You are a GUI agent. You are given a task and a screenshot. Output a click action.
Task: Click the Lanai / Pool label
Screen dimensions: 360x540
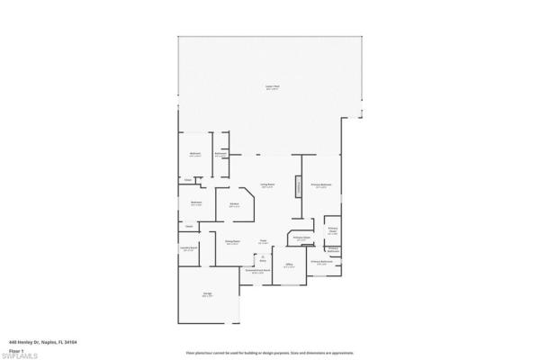click(x=271, y=86)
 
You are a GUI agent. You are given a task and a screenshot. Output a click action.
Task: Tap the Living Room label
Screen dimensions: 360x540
click(x=267, y=185)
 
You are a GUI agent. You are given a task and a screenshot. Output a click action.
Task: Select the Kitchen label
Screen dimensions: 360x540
click(x=233, y=205)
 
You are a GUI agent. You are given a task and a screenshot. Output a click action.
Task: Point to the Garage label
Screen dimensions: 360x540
click(x=207, y=296)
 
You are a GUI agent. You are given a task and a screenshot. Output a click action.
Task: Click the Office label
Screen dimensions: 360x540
click(x=289, y=265)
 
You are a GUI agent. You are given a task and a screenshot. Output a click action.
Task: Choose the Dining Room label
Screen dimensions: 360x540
click(x=231, y=242)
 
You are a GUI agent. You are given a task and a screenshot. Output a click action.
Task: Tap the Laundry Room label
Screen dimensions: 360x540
click(x=189, y=250)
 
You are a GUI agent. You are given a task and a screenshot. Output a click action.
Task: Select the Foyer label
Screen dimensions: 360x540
click(x=264, y=241)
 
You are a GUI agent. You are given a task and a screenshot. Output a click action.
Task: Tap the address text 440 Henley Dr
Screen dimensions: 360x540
click(x=43, y=341)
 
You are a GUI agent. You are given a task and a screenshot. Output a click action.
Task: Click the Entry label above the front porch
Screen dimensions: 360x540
click(x=263, y=259)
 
